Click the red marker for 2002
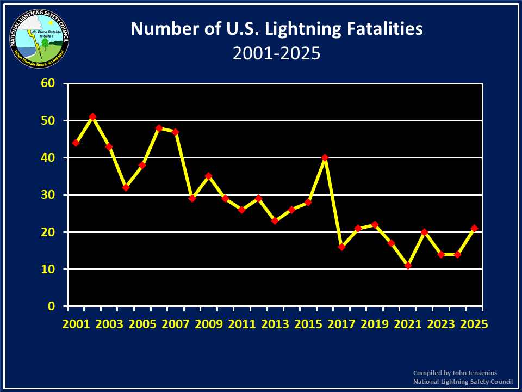tap(92, 117)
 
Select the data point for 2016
tap(325, 158)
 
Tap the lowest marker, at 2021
tap(408, 266)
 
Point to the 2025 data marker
tap(474, 229)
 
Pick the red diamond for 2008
tap(192, 199)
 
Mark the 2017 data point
tap(341, 247)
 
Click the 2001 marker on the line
tap(76, 143)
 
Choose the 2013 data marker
tap(275, 221)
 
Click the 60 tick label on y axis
tap(49, 83)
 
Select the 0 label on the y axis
tap(53, 306)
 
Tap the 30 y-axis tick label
tap(49, 195)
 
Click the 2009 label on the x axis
tap(209, 323)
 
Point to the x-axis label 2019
tap(375, 323)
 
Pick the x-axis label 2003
tap(109, 323)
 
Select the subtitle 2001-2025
tap(276, 53)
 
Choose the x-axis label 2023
tap(441, 323)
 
